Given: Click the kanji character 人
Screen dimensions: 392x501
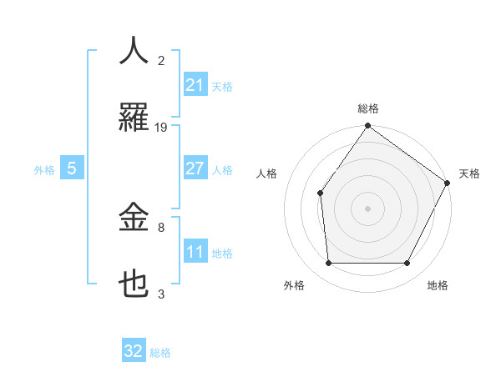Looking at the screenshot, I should (134, 50).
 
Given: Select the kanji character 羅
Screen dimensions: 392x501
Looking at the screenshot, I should (134, 118).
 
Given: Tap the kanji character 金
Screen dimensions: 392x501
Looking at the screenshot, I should (134, 219).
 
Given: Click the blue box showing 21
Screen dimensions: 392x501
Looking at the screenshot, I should (195, 85).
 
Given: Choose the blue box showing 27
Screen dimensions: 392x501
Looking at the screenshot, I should (195, 168).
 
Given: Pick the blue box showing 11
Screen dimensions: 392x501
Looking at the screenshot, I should (195, 252).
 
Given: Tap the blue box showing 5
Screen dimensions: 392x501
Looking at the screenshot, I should (71, 168).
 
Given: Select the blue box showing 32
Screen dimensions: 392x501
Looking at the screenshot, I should (134, 351).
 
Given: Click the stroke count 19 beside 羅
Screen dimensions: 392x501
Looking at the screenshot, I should (161, 128).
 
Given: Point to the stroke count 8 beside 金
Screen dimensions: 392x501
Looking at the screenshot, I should (161, 227).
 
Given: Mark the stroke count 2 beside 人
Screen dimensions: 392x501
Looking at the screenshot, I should (161, 60).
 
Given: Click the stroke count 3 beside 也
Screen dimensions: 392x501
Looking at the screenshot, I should (161, 294).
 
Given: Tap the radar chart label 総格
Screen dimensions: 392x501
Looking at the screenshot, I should (368, 108).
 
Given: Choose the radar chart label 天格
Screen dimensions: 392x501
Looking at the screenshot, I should (469, 173).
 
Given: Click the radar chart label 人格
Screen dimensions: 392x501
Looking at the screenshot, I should (267, 173).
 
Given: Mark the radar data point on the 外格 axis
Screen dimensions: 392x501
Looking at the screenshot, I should (328, 263).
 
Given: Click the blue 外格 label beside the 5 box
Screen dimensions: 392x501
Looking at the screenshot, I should (44, 169).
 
